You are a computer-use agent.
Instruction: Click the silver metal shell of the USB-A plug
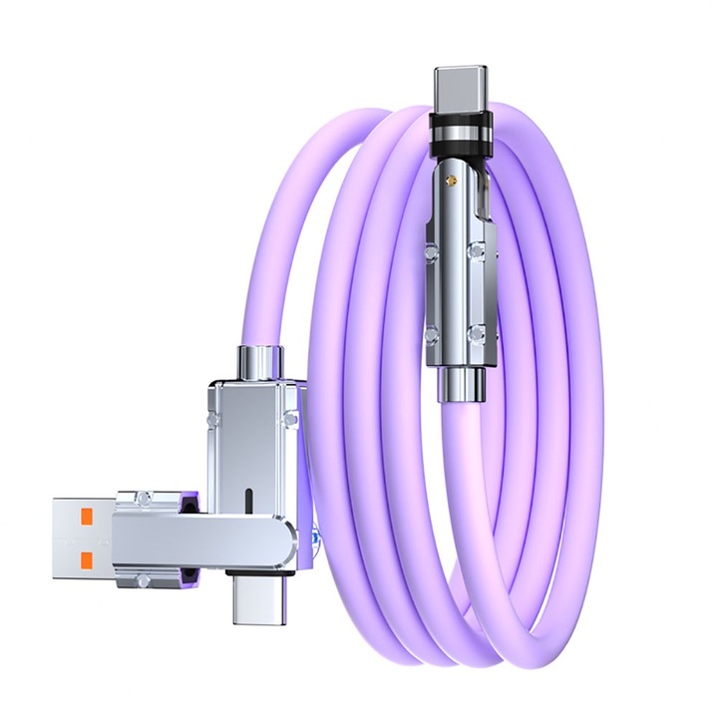click(80, 539)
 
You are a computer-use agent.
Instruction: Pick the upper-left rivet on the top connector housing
click(430, 238)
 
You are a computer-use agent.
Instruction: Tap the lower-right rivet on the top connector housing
click(481, 333)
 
